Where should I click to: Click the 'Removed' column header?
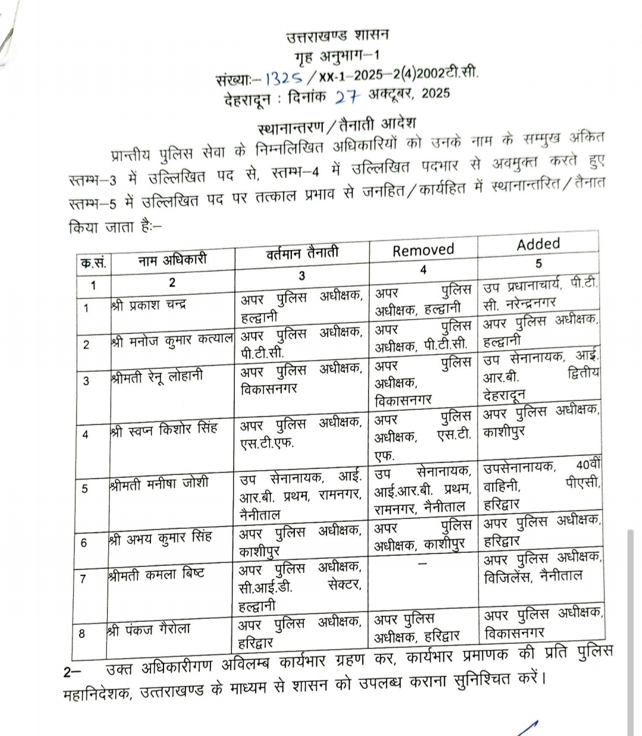click(x=423, y=250)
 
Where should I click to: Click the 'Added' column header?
click(x=538, y=244)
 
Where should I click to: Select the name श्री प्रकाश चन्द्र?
click(x=149, y=306)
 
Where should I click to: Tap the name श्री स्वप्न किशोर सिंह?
click(x=163, y=429)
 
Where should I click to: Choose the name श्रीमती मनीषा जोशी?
click(x=159, y=483)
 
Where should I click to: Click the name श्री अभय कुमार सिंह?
click(x=160, y=539)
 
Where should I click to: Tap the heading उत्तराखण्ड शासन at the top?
click(x=337, y=36)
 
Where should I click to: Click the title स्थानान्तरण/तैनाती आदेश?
click(x=337, y=127)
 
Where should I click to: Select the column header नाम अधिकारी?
click(x=172, y=260)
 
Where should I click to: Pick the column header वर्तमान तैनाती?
click(x=302, y=253)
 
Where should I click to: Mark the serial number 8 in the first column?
click(x=82, y=634)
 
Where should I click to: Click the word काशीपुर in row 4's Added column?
click(x=503, y=430)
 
